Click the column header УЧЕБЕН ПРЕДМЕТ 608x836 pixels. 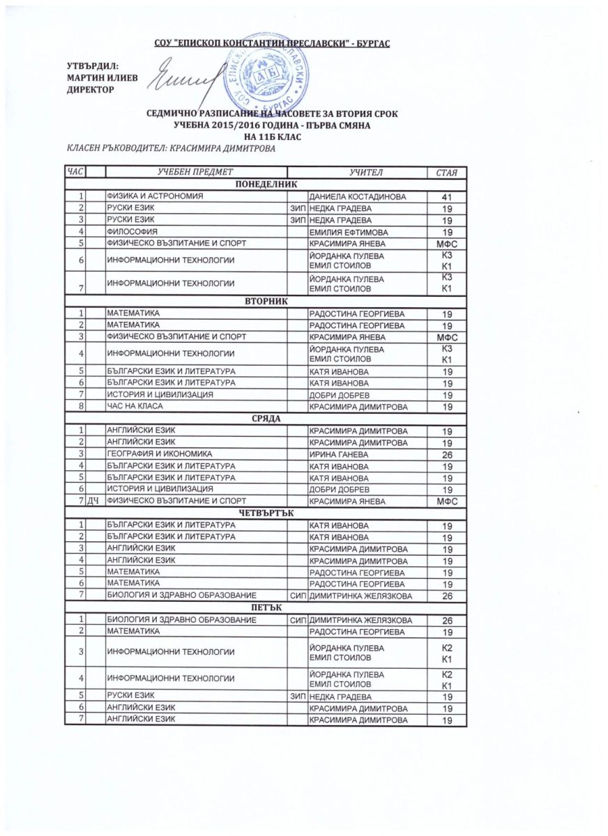[195, 171]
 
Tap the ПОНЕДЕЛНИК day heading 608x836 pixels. [267, 184]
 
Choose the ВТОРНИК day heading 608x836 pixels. [267, 300]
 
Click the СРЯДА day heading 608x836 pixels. [267, 417]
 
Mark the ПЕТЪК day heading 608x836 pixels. [267, 608]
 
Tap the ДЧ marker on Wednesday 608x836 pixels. [93, 501]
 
